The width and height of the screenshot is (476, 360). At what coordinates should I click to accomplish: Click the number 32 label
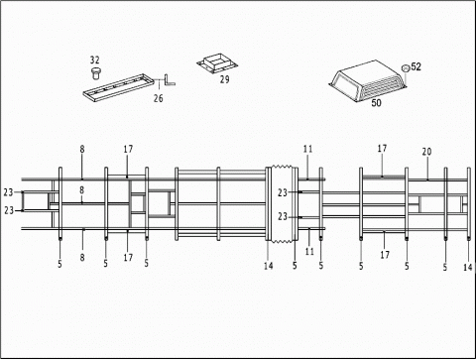click(94, 60)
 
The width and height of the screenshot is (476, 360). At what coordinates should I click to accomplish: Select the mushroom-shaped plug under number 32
click(96, 73)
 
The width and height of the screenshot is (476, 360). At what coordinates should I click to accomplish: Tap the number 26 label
click(159, 98)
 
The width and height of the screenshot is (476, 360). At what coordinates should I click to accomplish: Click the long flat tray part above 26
click(118, 88)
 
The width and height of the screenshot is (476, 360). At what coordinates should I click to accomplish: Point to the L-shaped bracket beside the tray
click(170, 80)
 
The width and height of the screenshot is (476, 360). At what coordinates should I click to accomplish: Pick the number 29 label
click(225, 79)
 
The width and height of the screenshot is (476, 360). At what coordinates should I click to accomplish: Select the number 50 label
click(376, 103)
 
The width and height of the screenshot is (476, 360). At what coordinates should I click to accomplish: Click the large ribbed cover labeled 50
click(368, 81)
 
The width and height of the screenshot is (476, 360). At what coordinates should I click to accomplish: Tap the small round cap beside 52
click(406, 68)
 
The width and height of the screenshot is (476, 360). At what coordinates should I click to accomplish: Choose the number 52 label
click(416, 66)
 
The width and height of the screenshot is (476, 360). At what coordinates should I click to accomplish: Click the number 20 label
click(426, 152)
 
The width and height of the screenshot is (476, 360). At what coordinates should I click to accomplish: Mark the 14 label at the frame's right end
click(467, 267)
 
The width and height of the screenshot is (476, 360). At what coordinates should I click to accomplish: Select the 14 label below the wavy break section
click(269, 266)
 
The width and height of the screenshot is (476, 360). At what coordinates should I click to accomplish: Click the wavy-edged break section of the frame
click(282, 204)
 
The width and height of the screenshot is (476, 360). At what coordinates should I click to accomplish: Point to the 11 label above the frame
click(307, 149)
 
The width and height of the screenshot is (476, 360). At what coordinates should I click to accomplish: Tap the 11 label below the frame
click(309, 251)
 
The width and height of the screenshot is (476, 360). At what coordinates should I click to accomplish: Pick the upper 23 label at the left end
click(9, 192)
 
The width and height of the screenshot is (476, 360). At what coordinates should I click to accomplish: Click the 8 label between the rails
click(81, 190)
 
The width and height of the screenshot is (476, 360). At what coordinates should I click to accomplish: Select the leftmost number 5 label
click(59, 264)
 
